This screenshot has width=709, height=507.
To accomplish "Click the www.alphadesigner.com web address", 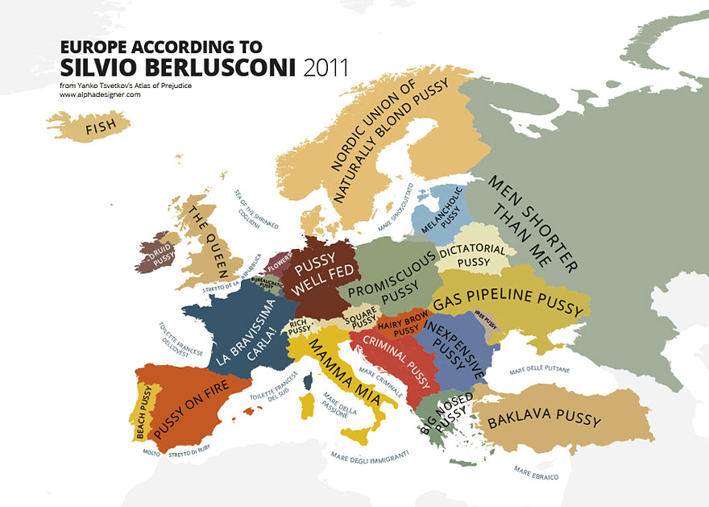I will tap(100, 94).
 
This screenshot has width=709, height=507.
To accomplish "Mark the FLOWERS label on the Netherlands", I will tap(280, 263).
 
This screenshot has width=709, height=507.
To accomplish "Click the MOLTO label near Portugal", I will tap(151, 453).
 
